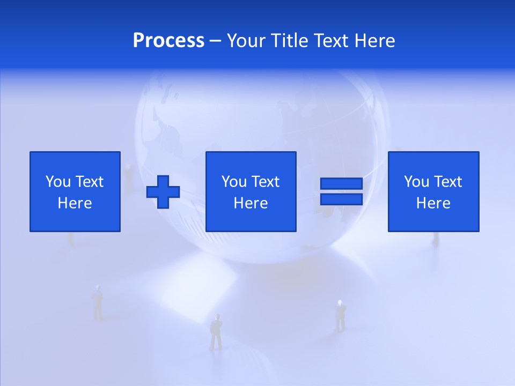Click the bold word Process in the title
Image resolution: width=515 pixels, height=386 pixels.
[x=168, y=41]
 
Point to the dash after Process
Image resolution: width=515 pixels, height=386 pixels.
[x=216, y=41]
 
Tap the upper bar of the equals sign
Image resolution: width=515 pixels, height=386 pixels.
[x=341, y=184]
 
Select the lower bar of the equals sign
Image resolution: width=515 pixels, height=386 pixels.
[x=341, y=199]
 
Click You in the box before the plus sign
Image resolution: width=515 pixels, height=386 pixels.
[x=57, y=182]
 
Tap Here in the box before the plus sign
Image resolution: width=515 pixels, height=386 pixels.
[x=75, y=203]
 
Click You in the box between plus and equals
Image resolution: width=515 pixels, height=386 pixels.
[x=234, y=182]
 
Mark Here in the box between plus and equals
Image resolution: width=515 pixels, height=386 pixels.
[x=251, y=203]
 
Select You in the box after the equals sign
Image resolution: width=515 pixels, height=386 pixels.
[x=416, y=182]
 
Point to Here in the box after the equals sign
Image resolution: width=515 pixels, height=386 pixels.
[x=433, y=203]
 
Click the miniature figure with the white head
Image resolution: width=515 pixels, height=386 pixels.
[x=340, y=315]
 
